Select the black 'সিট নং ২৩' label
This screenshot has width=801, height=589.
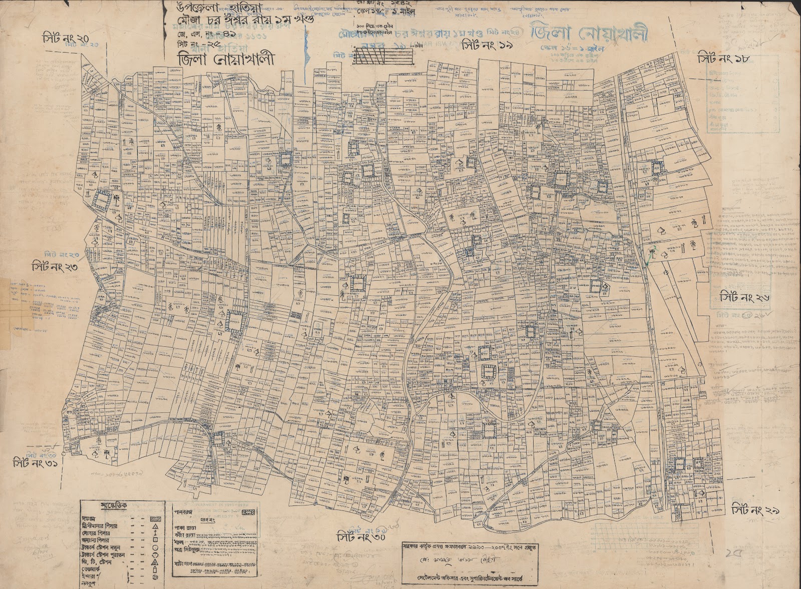pos(55,266)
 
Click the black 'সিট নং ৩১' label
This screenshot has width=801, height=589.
pos(38,463)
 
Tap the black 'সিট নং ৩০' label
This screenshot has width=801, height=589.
pos(361,538)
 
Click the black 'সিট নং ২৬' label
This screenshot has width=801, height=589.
pos(744,298)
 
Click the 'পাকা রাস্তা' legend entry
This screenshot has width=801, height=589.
pos(187,527)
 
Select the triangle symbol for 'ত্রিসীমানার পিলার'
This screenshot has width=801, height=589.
pos(155,527)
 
